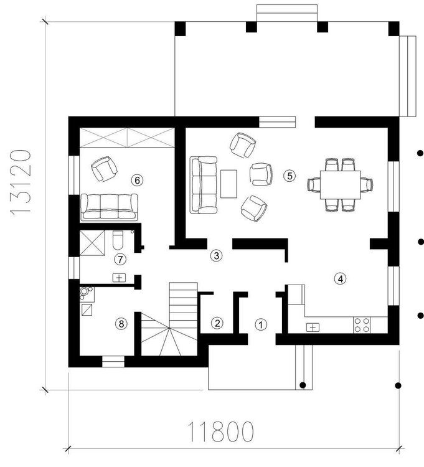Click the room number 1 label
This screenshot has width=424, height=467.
pyautogui.click(x=261, y=324)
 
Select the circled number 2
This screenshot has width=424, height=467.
pyautogui.click(x=217, y=323)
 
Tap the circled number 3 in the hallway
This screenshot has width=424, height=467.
pyautogui.click(x=215, y=255)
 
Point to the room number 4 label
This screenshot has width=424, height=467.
pyautogui.click(x=339, y=278)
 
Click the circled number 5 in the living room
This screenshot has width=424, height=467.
pyautogui.click(x=288, y=176)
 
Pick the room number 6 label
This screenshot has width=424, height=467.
pyautogui.click(x=138, y=180)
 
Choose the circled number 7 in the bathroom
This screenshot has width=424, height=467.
pyautogui.click(x=121, y=258)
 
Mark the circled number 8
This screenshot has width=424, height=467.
pyautogui.click(x=121, y=323)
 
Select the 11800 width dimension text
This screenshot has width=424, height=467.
pyautogui.click(x=221, y=431)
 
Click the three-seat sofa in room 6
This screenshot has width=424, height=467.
pyautogui.click(x=109, y=207)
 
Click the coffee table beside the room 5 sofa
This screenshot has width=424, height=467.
pyautogui.click(x=228, y=184)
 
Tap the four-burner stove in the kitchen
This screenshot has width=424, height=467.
pyautogui.click(x=362, y=324)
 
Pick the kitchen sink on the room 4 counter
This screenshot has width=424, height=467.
pyautogui.click(x=313, y=326)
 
